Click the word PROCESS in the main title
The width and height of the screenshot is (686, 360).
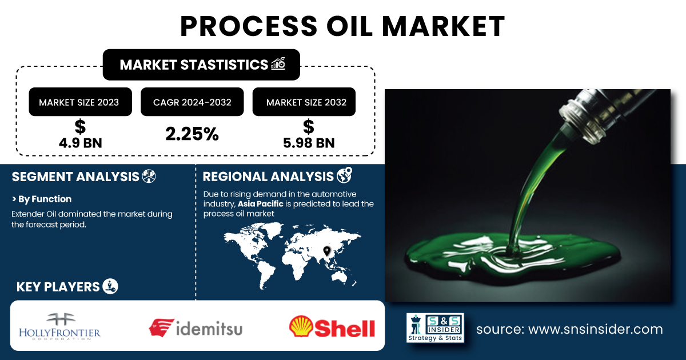click(x=249, y=26)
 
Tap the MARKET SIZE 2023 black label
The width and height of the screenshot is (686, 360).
click(x=80, y=102)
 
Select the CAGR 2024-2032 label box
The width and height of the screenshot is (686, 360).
click(x=192, y=102)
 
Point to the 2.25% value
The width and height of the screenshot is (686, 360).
click(x=192, y=134)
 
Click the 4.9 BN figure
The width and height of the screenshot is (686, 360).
click(x=80, y=143)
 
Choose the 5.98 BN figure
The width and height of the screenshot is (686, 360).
click(x=309, y=143)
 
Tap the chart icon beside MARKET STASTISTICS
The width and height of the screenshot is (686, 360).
click(x=278, y=63)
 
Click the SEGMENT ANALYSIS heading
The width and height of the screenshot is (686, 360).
click(x=75, y=177)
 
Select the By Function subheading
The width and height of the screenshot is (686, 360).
click(x=42, y=199)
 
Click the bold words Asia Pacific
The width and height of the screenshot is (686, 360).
click(x=260, y=204)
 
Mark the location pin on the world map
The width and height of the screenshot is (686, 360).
click(x=327, y=251)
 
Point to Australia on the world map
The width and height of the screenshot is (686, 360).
click(x=338, y=277)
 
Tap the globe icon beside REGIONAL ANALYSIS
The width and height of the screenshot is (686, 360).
click(x=345, y=175)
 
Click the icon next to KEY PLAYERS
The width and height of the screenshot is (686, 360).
click(x=110, y=286)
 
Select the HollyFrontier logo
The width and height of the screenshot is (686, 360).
click(x=59, y=326)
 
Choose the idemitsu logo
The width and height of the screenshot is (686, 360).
click(x=196, y=328)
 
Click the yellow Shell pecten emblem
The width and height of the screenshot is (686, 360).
click(x=301, y=326)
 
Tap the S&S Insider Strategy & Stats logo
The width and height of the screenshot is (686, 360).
click(x=435, y=327)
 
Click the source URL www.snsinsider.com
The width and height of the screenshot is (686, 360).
click(x=596, y=329)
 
